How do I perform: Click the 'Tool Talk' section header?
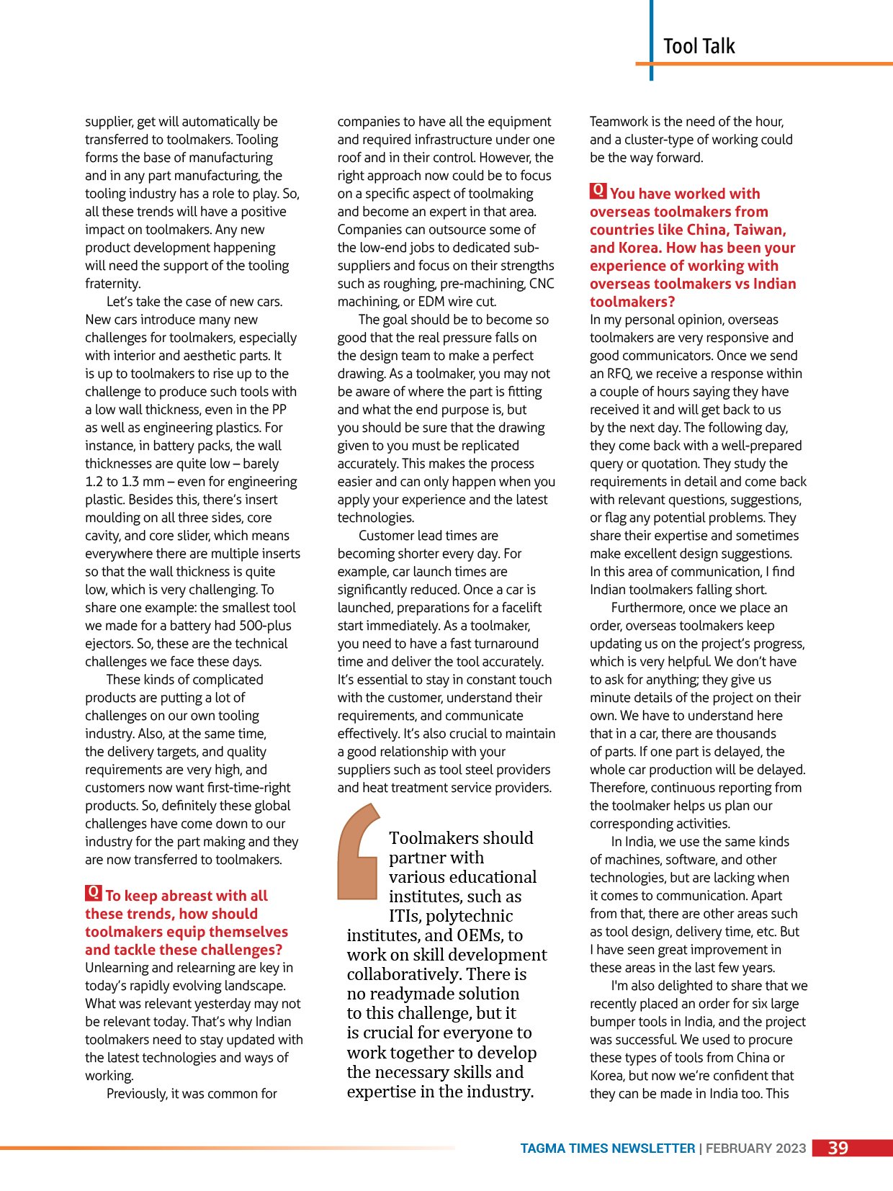pyautogui.click(x=699, y=47)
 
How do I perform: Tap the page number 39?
pyautogui.click(x=838, y=1148)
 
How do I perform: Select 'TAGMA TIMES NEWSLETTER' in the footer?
pyautogui.click(x=607, y=1149)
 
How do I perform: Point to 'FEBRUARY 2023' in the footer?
pyautogui.click(x=755, y=1149)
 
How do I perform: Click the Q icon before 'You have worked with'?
pyautogui.click(x=598, y=192)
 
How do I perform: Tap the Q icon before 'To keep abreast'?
pyautogui.click(x=94, y=894)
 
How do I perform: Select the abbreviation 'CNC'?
pyautogui.click(x=542, y=284)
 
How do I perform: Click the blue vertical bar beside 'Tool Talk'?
pyautogui.click(x=652, y=40)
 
